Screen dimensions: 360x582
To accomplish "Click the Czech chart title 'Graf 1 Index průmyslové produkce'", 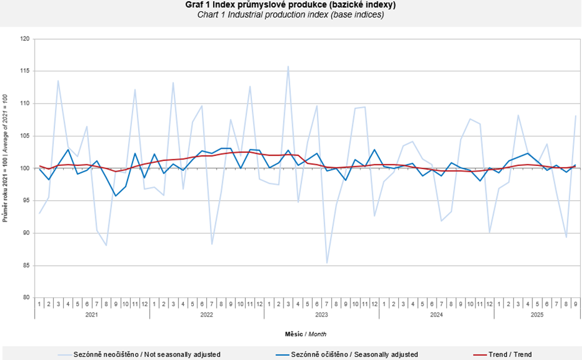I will [290, 5].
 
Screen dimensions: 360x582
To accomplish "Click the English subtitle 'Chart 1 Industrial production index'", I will [290, 15].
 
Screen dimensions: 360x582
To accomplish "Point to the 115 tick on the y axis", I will [25, 71].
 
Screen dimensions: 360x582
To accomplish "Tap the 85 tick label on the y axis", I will [26, 265].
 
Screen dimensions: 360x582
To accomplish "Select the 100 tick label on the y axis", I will [25, 168].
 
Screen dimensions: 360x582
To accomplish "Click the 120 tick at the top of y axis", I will [25, 39].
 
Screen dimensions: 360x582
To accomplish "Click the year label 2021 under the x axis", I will [92, 315].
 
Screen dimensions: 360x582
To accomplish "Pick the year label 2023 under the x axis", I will [321, 315].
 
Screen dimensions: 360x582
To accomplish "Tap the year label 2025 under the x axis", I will [537, 315].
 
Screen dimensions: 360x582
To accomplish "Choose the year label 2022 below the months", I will [206, 315].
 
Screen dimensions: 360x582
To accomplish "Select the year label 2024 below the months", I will [436, 315].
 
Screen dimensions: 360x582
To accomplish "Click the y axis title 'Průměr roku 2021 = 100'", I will [6, 158].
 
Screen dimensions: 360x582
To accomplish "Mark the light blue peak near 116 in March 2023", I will [288, 66].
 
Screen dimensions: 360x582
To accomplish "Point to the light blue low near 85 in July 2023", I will [327, 263].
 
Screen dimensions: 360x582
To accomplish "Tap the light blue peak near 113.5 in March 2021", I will [58, 81].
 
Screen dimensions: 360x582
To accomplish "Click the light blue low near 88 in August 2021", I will [106, 245].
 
